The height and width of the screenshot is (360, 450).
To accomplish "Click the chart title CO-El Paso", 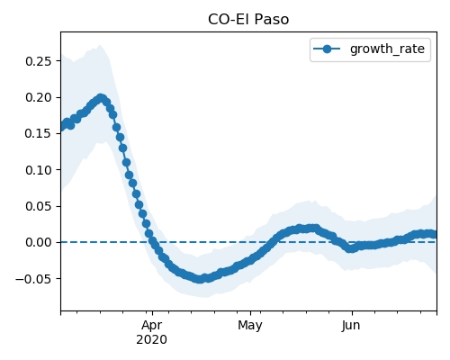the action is pos(248,20).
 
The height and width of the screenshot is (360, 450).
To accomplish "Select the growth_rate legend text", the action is pos(387,49).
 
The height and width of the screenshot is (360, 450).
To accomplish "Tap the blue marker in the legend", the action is pos(327,49).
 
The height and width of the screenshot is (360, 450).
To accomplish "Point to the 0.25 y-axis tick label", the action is pos(39,61).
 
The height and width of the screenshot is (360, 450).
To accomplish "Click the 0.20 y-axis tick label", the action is pos(39,97).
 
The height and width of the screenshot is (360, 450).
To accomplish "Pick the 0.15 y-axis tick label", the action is pos(39,133).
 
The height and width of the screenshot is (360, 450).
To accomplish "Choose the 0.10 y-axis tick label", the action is pos(39,170).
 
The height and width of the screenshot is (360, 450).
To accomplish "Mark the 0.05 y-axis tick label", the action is pos(39,206).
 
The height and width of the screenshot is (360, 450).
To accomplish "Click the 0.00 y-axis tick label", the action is pos(39,242).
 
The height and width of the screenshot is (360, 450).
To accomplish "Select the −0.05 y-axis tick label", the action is pos(34,279).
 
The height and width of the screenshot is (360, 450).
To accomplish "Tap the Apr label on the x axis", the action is pos(152,325).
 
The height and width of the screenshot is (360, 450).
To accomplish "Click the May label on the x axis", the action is pos(250,325).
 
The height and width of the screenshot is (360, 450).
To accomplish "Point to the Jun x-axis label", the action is pos(351,325).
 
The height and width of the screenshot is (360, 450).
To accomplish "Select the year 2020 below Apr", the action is pos(152,339).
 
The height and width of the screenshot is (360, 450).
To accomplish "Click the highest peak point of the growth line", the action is pos(101,98).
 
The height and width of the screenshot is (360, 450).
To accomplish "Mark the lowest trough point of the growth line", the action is pos(200,279).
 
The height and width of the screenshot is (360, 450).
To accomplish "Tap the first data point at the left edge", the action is pos(61,127).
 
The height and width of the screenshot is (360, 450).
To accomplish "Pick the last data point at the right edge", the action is pos(435,234).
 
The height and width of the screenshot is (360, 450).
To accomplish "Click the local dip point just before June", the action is pos(349,248).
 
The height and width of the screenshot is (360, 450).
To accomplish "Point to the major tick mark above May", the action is pos(250,313).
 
